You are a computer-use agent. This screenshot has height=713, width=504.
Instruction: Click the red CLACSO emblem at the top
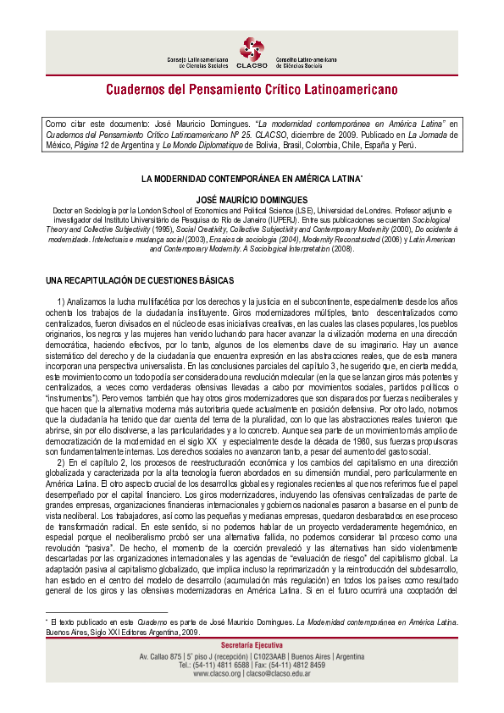click(252, 50)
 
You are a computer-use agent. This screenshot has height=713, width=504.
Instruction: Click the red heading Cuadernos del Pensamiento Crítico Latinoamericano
click(252, 89)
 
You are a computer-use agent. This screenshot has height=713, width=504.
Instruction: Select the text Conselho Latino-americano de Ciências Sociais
click(307, 62)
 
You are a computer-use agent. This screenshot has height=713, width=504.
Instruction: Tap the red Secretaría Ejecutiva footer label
click(252, 646)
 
